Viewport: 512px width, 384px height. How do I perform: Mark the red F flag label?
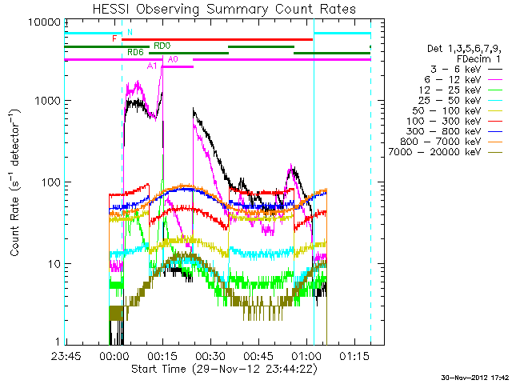click(x=115, y=38)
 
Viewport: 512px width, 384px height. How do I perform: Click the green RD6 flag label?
click(x=136, y=52)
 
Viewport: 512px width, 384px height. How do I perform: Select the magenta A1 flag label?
click(x=152, y=66)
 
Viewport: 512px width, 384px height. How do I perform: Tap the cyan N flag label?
click(x=130, y=32)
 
